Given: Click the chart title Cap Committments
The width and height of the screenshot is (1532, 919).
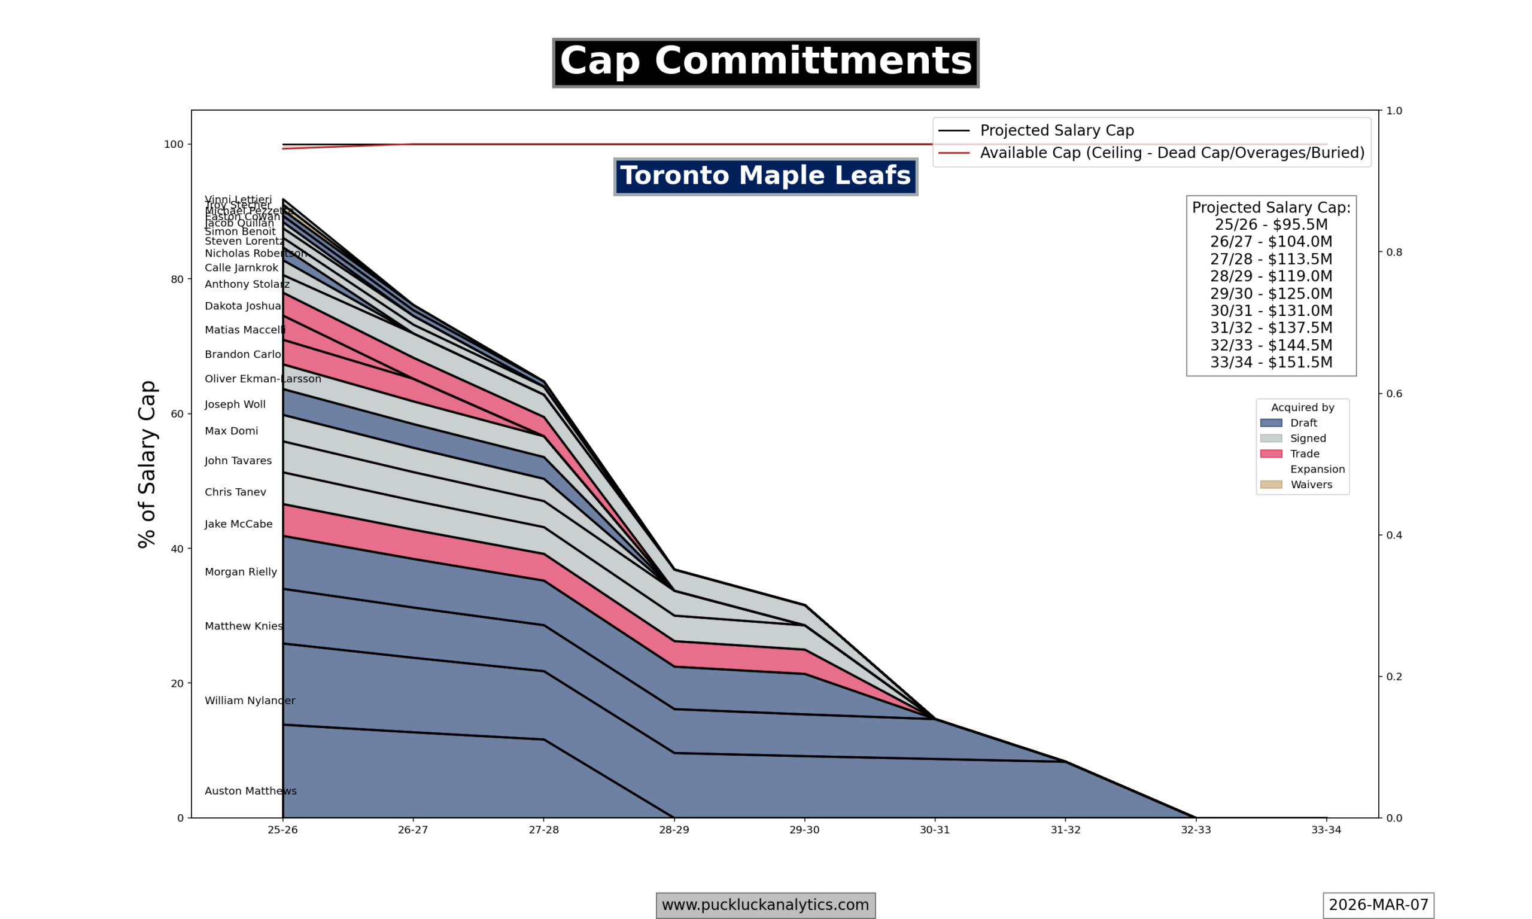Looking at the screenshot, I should [765, 62].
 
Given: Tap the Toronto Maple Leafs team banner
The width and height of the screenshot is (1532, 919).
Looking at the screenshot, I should [765, 176].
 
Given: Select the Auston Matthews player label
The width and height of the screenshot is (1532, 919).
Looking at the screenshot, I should [250, 791].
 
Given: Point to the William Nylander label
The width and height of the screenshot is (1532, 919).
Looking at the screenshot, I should [250, 701].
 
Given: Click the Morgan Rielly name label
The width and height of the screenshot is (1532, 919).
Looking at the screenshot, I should [241, 571].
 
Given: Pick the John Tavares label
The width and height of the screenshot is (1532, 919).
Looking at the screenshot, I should [238, 461].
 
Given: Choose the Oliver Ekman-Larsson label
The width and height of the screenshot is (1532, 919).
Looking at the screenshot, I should [263, 379].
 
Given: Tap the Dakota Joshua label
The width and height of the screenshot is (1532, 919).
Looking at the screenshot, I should [243, 306].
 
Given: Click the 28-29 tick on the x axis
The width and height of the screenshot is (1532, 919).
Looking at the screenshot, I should [674, 830].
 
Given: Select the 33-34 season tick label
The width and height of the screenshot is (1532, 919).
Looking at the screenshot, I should [1326, 830].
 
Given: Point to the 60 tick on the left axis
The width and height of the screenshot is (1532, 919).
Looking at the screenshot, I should [177, 413].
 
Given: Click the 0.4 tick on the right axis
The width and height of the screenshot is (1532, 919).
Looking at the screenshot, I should [1394, 535].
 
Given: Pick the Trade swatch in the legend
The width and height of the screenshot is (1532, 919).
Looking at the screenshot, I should [1270, 454].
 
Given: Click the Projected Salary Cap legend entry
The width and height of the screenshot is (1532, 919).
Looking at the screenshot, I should [1056, 130].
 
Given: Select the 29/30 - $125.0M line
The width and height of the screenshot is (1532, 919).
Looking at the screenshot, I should [1270, 294].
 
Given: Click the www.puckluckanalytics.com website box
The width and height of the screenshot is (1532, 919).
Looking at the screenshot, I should [765, 905].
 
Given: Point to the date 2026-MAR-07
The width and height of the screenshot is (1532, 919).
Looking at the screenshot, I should [1378, 905].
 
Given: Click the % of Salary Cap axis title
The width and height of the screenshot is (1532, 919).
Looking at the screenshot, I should [147, 464].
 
